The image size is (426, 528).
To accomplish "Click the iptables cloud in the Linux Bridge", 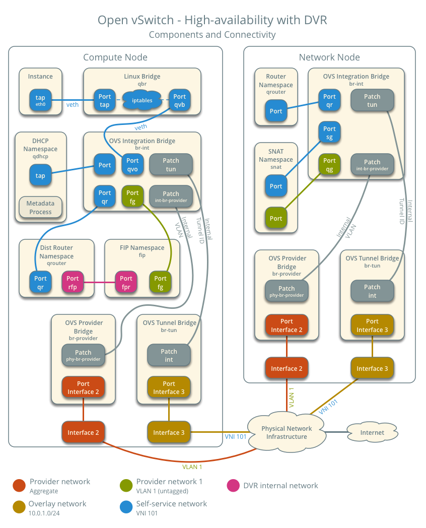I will pyautogui.click(x=142, y=100).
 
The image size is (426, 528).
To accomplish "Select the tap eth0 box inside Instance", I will pyautogui.click(x=40, y=100).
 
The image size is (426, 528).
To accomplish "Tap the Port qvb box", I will pyautogui.click(x=179, y=100).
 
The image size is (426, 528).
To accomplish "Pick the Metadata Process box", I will pyautogui.click(x=40, y=208).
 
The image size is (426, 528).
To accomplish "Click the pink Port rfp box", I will pyautogui.click(x=73, y=282).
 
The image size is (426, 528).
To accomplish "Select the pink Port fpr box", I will pyautogui.click(x=126, y=282).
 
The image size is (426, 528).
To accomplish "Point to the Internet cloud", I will pyautogui.click(x=372, y=432).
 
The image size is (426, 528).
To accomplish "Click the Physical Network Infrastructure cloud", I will pyautogui.click(x=286, y=432).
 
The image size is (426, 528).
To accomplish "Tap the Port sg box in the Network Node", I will pyautogui.click(x=329, y=133).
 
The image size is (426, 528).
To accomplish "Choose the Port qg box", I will pyautogui.click(x=329, y=165).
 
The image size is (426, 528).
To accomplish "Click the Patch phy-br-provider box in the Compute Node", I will pyautogui.click(x=83, y=356).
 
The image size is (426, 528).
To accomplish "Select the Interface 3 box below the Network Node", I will pyautogui.click(x=372, y=368).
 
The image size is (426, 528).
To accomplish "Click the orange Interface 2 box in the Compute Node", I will pyautogui.click(x=83, y=432).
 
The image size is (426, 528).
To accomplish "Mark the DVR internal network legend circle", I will pyautogui.click(x=233, y=486).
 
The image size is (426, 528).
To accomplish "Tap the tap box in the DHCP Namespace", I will pyautogui.click(x=40, y=175).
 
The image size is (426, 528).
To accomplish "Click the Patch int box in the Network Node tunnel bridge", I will pyautogui.click(x=372, y=291).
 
